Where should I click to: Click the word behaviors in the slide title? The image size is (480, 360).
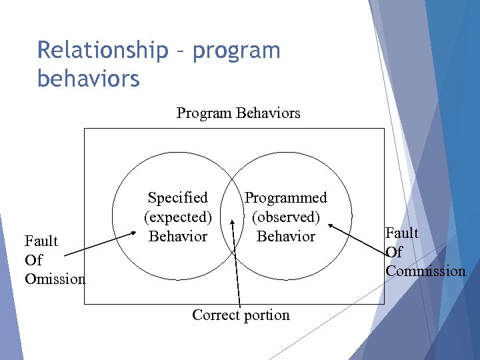pyautogui.click(x=89, y=78)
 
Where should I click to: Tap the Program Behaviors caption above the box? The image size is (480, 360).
pyautogui.click(x=238, y=113)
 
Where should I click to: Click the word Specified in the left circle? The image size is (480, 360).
pyautogui.click(x=177, y=197)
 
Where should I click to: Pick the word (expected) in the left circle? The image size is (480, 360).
pyautogui.click(x=178, y=217)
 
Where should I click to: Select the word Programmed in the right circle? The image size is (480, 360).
pyautogui.click(x=286, y=197)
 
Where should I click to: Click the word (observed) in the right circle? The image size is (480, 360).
pyautogui.click(x=286, y=217)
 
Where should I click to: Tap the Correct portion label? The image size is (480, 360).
pyautogui.click(x=241, y=315)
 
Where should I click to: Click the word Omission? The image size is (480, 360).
pyautogui.click(x=55, y=279)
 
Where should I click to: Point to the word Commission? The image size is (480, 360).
pyautogui.click(x=425, y=271)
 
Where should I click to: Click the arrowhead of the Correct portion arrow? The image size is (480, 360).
pyautogui.click(x=233, y=219)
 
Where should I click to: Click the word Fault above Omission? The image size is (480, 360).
pyautogui.click(x=41, y=241)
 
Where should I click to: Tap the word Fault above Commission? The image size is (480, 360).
pyautogui.click(x=402, y=233)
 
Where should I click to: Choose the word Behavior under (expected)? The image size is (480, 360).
pyautogui.click(x=177, y=236)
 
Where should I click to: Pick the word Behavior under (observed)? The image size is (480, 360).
pyautogui.click(x=286, y=236)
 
